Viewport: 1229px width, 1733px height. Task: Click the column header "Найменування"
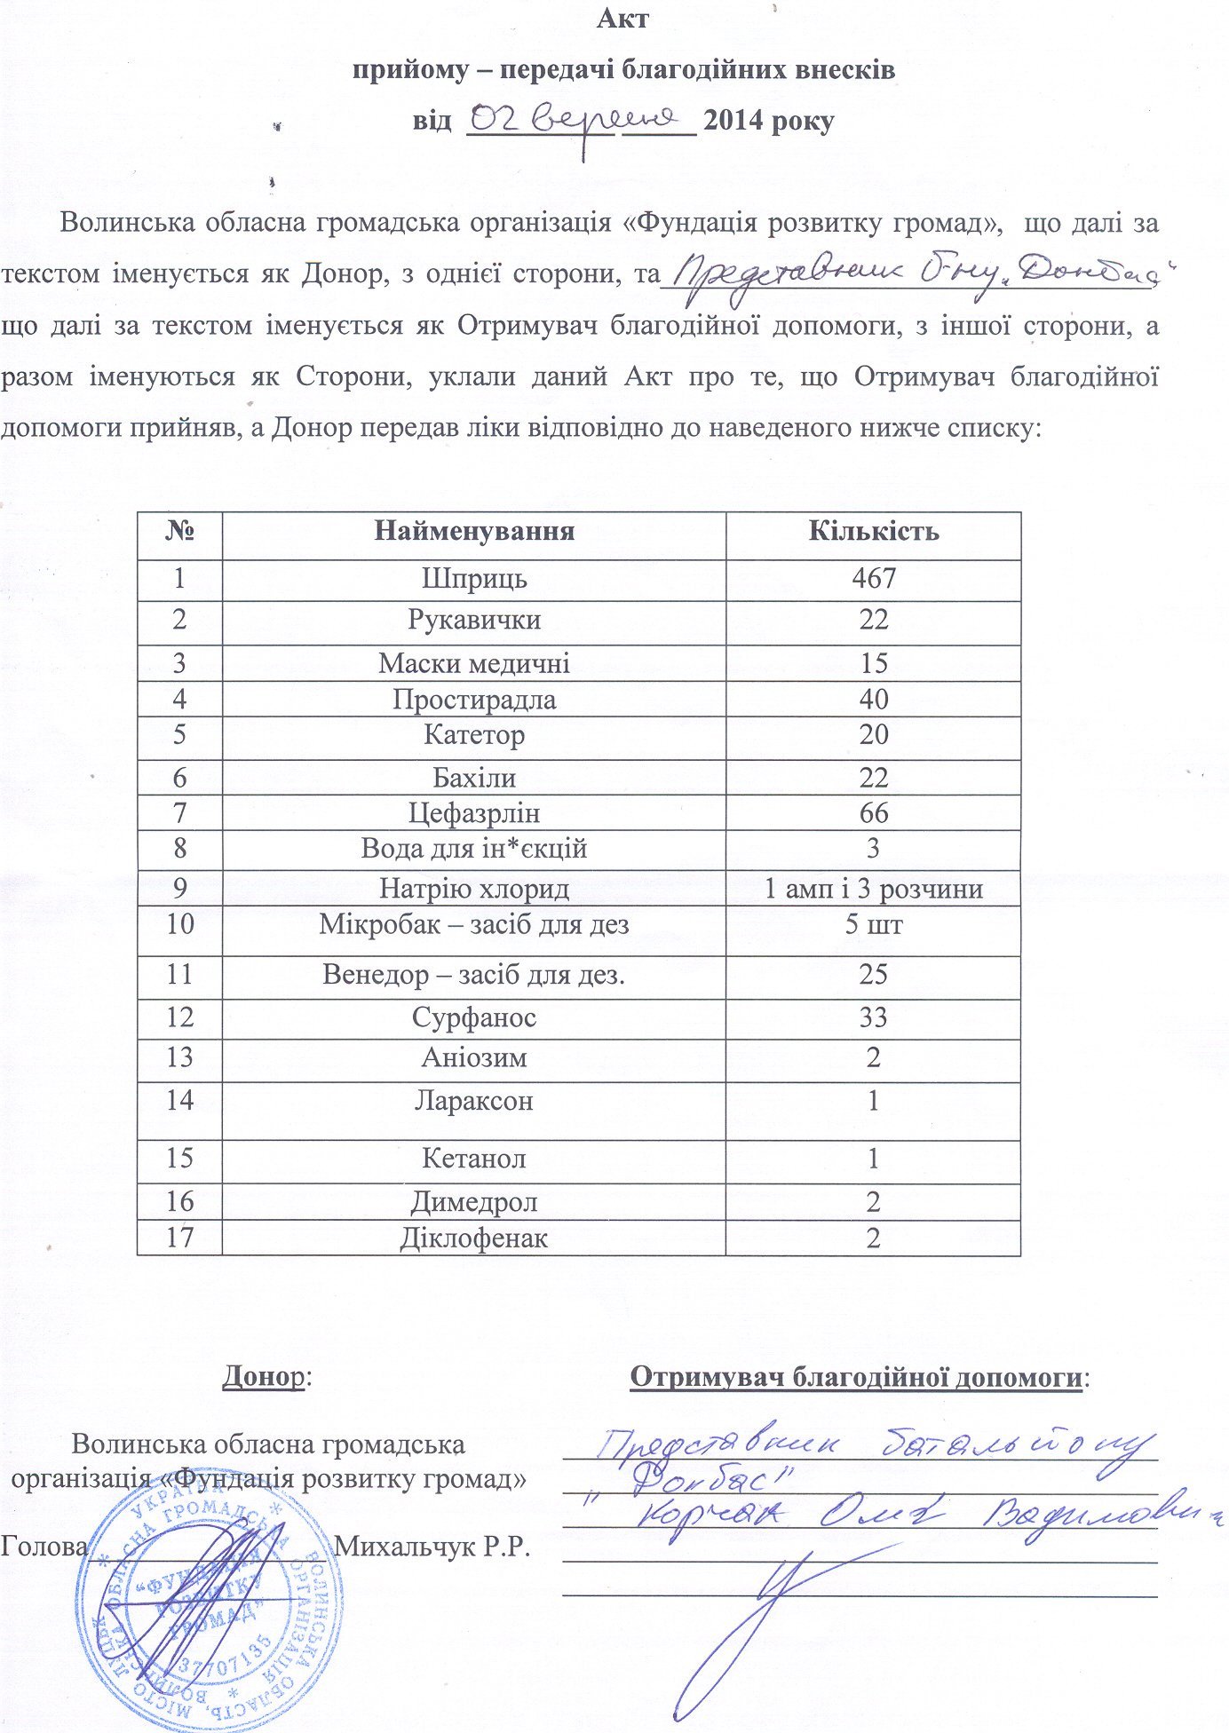[x=473, y=531]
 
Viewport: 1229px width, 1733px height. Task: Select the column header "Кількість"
[x=873, y=531]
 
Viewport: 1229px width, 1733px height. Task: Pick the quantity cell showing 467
[x=873, y=579]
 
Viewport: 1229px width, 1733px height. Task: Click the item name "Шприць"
[x=473, y=579]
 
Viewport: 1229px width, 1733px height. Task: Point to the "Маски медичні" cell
[x=473, y=663]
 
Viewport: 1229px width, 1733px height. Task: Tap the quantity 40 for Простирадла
[x=873, y=700]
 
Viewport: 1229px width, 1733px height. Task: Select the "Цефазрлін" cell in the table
[x=473, y=813]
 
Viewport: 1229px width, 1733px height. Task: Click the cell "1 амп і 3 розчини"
[x=873, y=889]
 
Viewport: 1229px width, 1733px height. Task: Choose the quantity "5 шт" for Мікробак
[x=873, y=925]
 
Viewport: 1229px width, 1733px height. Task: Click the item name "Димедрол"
[x=473, y=1202]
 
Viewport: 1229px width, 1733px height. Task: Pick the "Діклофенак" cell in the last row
[x=473, y=1238]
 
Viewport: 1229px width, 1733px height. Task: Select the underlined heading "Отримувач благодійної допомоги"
[x=856, y=1377]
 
